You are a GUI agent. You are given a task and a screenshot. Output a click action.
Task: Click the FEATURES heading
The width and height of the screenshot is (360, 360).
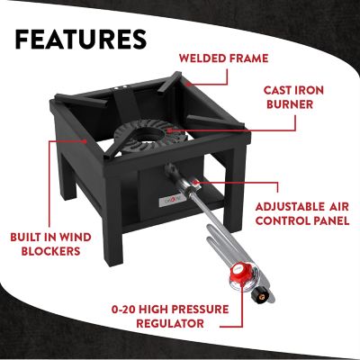tap(81, 40)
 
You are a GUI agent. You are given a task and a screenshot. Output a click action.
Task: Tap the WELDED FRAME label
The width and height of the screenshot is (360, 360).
tap(223, 58)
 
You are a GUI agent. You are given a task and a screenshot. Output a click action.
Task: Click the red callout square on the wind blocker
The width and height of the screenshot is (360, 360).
tap(85, 139)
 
